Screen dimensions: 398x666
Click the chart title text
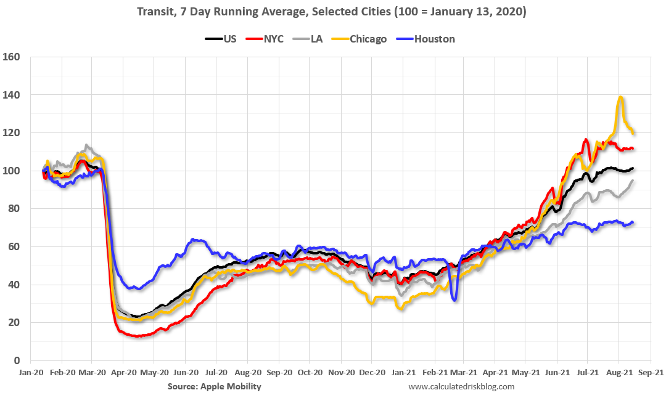[x=332, y=12]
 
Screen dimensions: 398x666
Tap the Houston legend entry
[x=434, y=39]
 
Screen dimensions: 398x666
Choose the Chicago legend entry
[x=368, y=39]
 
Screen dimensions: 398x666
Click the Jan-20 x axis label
[x=30, y=373]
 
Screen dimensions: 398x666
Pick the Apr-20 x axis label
[x=123, y=373]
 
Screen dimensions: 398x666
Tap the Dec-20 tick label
[x=371, y=373]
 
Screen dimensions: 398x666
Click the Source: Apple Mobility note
[x=214, y=386]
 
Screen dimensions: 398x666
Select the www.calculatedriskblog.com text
[x=461, y=386]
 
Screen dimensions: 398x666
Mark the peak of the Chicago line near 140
[x=620, y=97]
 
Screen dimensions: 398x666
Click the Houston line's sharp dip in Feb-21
[x=454, y=300]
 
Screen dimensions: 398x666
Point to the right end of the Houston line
[x=633, y=222]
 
